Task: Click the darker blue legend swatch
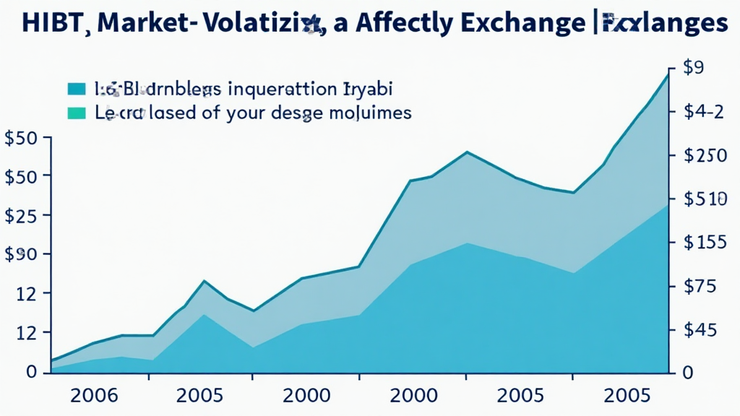pyautogui.click(x=76, y=90)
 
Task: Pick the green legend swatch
pyautogui.click(x=76, y=113)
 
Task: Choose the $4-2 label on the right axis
pyautogui.click(x=703, y=113)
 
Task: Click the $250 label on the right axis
pyautogui.click(x=705, y=156)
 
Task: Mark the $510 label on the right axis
pyautogui.click(x=705, y=199)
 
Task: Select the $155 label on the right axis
pyautogui.click(x=705, y=243)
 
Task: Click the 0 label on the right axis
pyautogui.click(x=689, y=372)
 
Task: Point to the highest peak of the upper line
pyautogui.click(x=667, y=74)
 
